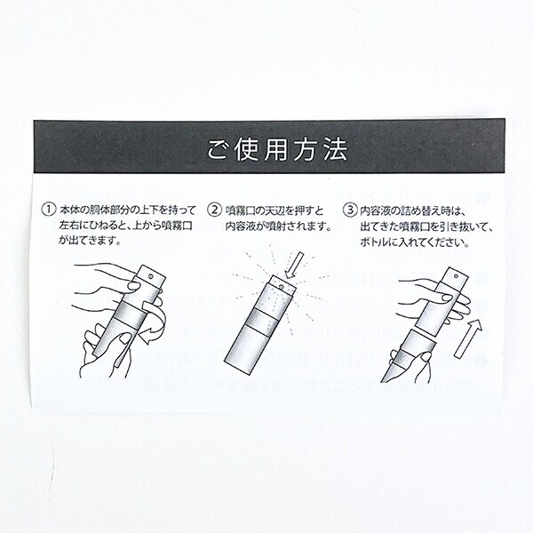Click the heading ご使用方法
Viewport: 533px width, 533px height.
point(277,149)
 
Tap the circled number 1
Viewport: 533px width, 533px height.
point(48,209)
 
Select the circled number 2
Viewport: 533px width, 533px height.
point(214,210)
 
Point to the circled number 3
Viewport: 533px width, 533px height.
point(350,210)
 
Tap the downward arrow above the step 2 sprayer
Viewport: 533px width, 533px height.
point(294,265)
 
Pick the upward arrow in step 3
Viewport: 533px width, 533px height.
point(468,338)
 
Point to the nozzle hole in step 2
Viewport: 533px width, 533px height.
point(281,288)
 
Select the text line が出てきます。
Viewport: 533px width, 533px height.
point(90,241)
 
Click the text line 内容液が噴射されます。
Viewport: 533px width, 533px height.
point(279,227)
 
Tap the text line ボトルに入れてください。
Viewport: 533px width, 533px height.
point(415,243)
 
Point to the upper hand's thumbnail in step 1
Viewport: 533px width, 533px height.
point(133,286)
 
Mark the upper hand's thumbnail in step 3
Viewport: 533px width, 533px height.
point(446,298)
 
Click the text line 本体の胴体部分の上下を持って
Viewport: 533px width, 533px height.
point(128,210)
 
